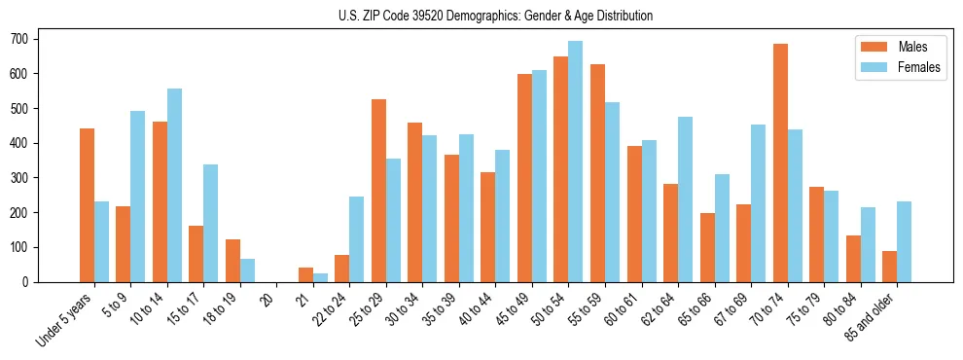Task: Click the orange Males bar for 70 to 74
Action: click(x=780, y=162)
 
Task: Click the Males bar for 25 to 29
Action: click(x=378, y=191)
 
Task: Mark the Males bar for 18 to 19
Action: click(x=232, y=261)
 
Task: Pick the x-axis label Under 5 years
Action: click(x=66, y=319)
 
